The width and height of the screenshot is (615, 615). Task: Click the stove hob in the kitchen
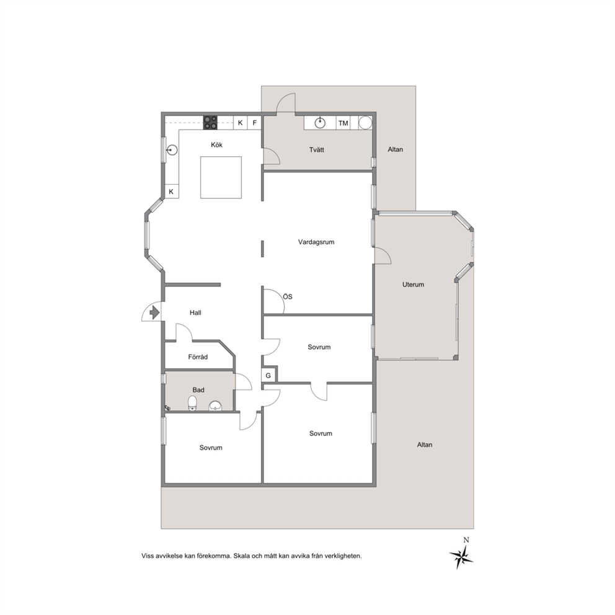tap(210, 122)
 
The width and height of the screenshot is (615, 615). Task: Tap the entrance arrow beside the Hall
tap(154, 312)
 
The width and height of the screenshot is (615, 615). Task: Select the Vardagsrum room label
tap(316, 242)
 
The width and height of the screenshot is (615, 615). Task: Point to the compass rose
tap(461, 555)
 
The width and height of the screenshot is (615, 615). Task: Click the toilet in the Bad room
tap(192, 403)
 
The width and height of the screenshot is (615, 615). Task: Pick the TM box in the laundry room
tap(343, 123)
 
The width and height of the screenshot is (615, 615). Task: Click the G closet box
tap(268, 375)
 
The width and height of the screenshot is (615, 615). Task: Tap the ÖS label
tap(288, 296)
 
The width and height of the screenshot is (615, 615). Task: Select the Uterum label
tap(413, 285)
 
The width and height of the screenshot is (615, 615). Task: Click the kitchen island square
tap(221, 177)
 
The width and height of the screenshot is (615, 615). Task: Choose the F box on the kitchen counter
tap(255, 123)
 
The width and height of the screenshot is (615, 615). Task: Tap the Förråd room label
tap(198, 357)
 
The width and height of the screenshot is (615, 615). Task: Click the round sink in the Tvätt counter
tap(321, 123)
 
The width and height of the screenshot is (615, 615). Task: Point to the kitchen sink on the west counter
tap(172, 150)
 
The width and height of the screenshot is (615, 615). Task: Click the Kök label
tap(216, 144)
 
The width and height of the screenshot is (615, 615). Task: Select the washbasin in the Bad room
tap(215, 406)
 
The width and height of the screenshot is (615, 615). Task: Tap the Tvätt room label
tap(317, 149)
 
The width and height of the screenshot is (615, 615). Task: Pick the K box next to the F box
tap(241, 123)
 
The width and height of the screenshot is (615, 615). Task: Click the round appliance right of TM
tap(365, 122)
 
